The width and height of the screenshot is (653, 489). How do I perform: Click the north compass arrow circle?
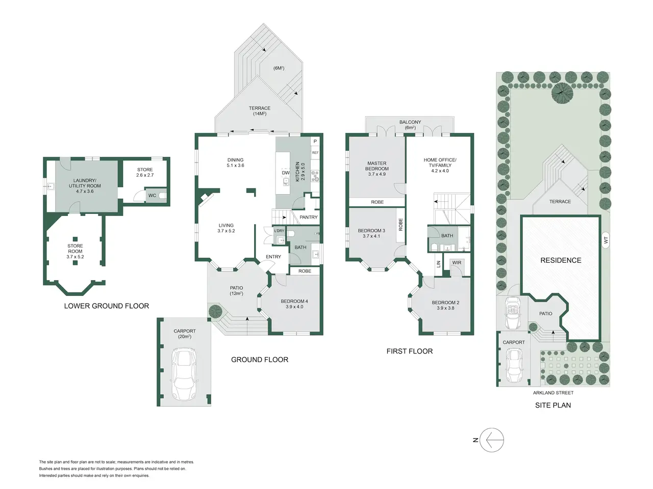(492, 440)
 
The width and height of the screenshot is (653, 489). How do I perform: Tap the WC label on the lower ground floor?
(152, 196)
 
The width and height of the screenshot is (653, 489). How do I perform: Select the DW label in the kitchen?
(286, 173)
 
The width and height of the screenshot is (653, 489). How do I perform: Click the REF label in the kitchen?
(315, 153)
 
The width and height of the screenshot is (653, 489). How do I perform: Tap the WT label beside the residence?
(606, 239)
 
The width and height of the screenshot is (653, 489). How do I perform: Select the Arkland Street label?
(553, 393)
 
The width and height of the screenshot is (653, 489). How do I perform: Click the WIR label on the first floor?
(457, 263)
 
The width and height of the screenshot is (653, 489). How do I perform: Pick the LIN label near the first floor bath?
(438, 264)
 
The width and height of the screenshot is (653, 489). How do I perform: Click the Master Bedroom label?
(377, 166)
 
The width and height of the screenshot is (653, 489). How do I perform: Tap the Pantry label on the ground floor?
(309, 218)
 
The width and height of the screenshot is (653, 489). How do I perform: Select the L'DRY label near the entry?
(279, 231)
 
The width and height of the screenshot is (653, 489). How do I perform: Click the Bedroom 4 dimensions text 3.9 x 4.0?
(294, 307)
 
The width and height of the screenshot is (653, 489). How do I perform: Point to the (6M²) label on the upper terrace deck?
(279, 68)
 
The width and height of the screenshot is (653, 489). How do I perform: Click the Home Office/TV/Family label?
(440, 162)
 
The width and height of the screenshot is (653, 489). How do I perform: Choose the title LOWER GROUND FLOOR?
(107, 306)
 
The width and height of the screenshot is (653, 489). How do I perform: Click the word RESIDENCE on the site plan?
(561, 260)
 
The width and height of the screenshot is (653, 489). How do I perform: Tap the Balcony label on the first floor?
(410, 122)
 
